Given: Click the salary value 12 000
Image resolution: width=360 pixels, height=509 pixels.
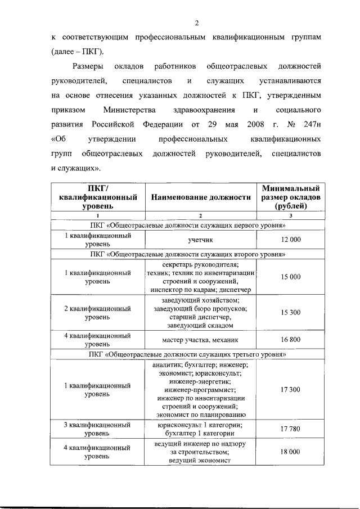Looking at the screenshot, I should click(x=291, y=240).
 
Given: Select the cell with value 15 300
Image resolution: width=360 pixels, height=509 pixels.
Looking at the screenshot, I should click(x=291, y=312).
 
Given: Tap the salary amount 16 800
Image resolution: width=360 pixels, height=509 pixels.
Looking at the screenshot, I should click(x=291, y=340).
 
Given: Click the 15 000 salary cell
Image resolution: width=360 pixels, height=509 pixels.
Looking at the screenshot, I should click(x=291, y=277).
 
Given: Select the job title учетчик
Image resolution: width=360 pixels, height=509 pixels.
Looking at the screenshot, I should click(x=200, y=240).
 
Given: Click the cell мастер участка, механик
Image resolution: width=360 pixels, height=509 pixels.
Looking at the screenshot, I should click(x=200, y=340).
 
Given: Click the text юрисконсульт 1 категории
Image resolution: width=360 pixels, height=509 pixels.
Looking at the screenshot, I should click(x=200, y=425).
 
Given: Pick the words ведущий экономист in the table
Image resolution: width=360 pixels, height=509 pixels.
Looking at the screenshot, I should click(x=200, y=461).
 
